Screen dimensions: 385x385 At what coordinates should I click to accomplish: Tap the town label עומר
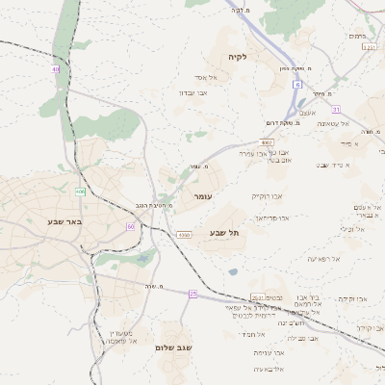pos(202,196)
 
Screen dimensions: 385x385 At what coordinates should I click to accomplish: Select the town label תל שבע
pos(223,233)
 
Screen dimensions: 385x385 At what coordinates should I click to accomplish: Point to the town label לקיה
pos(238,57)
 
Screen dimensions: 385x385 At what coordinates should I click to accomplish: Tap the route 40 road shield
pos(56,69)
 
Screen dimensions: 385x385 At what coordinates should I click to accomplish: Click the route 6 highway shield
pos(297,85)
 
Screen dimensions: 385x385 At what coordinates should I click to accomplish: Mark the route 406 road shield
pos(81,192)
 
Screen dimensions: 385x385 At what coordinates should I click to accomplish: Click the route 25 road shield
pos(192,293)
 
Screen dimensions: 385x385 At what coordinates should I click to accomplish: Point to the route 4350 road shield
pos(183,234)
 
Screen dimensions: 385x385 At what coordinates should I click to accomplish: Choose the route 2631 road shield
pos(257,296)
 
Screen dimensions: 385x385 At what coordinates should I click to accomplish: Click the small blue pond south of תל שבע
pos(233,271)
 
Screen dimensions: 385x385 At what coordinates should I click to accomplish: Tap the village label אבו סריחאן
pos(271,218)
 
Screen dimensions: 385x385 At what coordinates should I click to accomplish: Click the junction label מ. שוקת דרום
pos(285,122)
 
